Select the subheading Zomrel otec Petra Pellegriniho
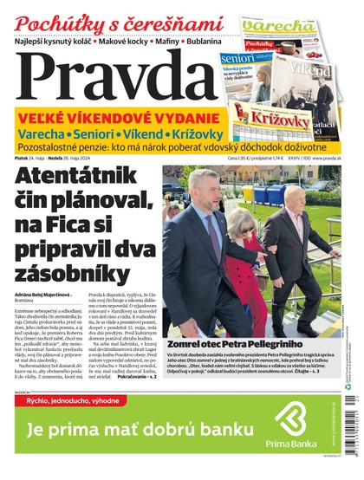click(x=223, y=343)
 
